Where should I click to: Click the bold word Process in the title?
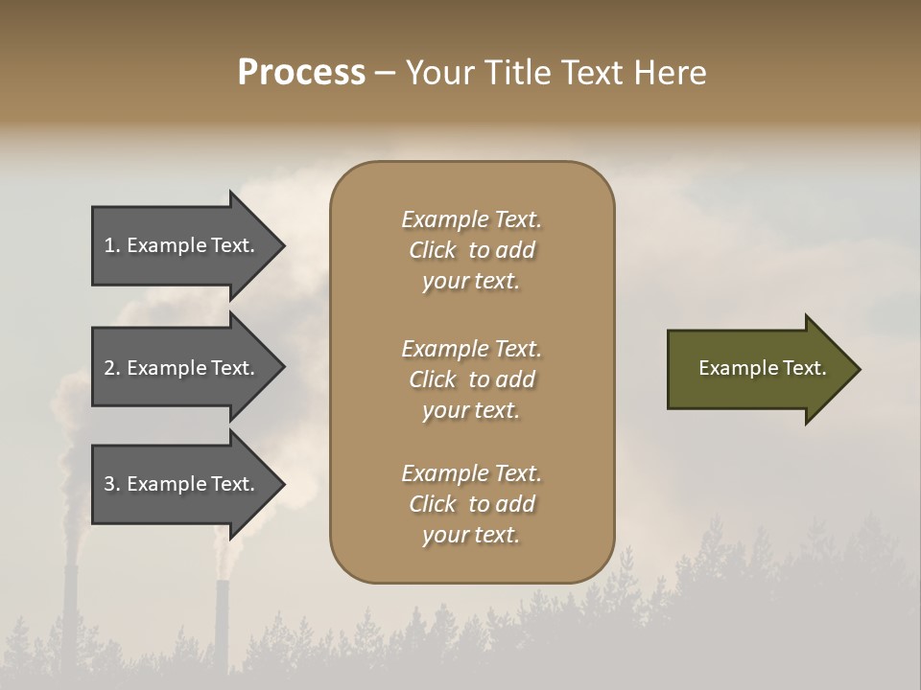[x=301, y=73]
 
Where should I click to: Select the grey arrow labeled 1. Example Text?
[x=182, y=245]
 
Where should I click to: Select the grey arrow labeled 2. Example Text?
[x=182, y=368]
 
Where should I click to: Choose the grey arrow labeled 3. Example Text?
[x=182, y=484]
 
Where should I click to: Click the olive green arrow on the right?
[x=758, y=369]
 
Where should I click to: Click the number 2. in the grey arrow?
[x=112, y=368]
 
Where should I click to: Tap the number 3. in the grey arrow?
[x=112, y=484]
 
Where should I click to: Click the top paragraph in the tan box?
[x=471, y=250]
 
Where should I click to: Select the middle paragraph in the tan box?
[x=471, y=379]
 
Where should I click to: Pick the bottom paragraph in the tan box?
[x=471, y=504]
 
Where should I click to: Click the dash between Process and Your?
[x=385, y=73]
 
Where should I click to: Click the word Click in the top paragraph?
[x=433, y=250]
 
